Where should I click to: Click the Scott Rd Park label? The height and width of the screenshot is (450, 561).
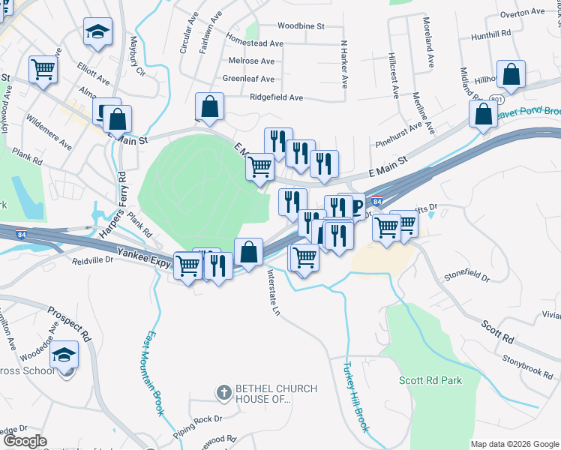(430, 380)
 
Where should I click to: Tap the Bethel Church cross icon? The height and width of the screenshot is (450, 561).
(223, 391)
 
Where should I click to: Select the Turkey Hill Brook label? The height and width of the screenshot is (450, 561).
(356, 395)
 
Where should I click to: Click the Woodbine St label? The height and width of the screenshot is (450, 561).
(299, 25)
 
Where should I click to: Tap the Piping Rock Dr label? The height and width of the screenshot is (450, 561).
(197, 418)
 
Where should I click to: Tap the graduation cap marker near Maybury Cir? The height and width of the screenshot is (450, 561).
(96, 32)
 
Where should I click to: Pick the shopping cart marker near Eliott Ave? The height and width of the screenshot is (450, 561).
(43, 70)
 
